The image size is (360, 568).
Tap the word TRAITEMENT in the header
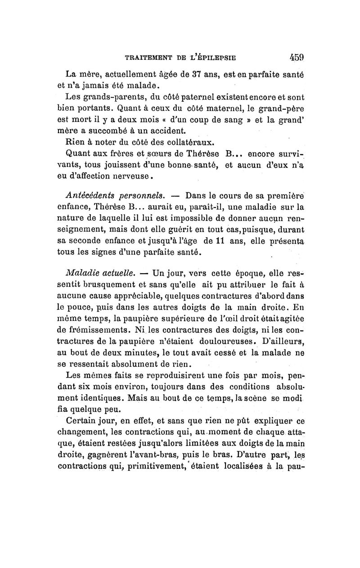pyautogui.click(x=147, y=58)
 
